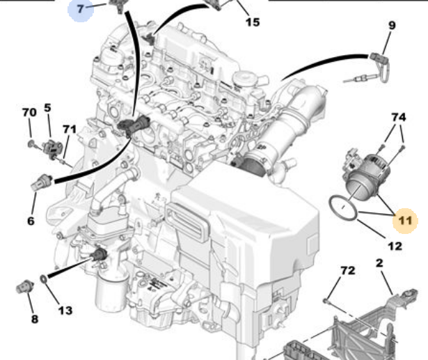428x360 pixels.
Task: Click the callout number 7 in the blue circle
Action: (80, 9)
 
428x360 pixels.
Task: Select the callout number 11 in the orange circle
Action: (405, 220)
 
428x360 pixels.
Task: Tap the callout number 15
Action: (253, 22)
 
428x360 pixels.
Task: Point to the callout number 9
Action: (392, 25)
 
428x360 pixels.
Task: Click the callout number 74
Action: (399, 117)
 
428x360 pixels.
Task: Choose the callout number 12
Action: (395, 246)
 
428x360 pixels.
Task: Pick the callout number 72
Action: (348, 270)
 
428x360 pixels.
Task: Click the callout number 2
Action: (380, 263)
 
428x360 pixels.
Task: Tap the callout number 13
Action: (65, 311)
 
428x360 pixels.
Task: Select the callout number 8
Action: (35, 319)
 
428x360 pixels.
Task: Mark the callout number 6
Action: (31, 221)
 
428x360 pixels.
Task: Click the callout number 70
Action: (29, 112)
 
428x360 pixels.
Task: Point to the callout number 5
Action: (47, 108)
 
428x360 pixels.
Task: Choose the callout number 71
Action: (70, 129)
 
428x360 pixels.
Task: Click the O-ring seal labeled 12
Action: (343, 208)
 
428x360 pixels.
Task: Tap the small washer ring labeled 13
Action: (44, 279)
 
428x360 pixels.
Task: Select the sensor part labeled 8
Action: (25, 287)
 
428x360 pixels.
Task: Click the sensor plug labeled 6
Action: (42, 182)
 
